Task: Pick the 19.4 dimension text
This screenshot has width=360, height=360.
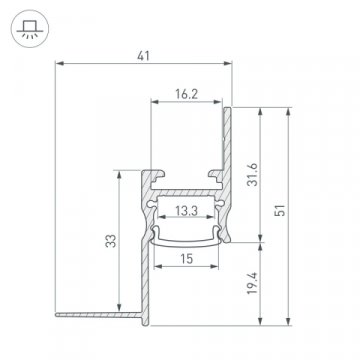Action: (256, 290)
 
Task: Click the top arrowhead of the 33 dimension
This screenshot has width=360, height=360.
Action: (121, 171)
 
